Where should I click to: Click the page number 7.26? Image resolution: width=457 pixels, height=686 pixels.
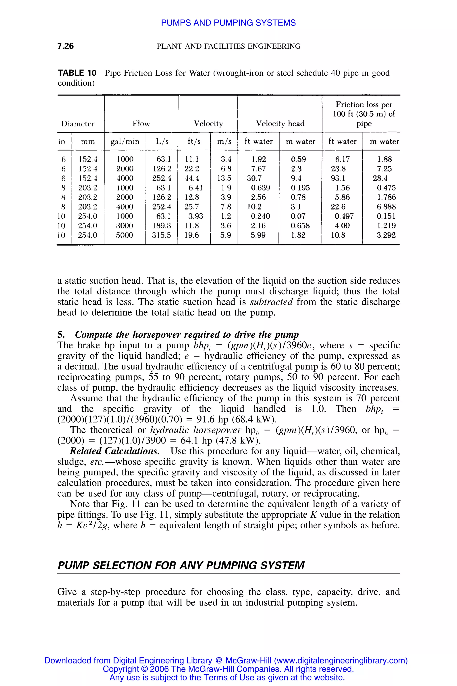coord(66,46)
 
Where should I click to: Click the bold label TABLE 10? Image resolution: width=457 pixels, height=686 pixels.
coord(77,73)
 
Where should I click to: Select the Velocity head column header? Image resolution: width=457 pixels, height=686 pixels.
coord(280,123)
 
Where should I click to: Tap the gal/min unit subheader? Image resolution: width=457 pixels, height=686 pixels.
coord(125,141)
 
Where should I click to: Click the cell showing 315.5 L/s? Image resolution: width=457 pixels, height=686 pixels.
coord(162,235)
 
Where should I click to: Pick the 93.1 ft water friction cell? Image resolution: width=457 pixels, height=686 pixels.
coord(338,178)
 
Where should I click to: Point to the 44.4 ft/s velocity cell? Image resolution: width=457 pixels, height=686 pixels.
coord(191,178)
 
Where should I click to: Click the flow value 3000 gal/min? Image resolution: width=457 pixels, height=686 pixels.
coord(125,226)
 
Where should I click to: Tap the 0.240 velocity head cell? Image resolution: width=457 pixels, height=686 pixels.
coord(260,216)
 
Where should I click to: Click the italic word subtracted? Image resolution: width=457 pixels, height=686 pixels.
coord(271,302)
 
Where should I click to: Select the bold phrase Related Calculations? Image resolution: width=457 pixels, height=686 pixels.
coord(114,451)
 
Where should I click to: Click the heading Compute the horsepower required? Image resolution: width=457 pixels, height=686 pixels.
coord(187,335)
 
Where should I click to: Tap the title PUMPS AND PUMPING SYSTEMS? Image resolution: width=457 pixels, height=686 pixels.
coord(228,23)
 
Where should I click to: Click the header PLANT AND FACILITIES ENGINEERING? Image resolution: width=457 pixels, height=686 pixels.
coord(228,46)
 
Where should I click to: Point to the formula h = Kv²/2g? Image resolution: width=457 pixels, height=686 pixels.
coord(83,525)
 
